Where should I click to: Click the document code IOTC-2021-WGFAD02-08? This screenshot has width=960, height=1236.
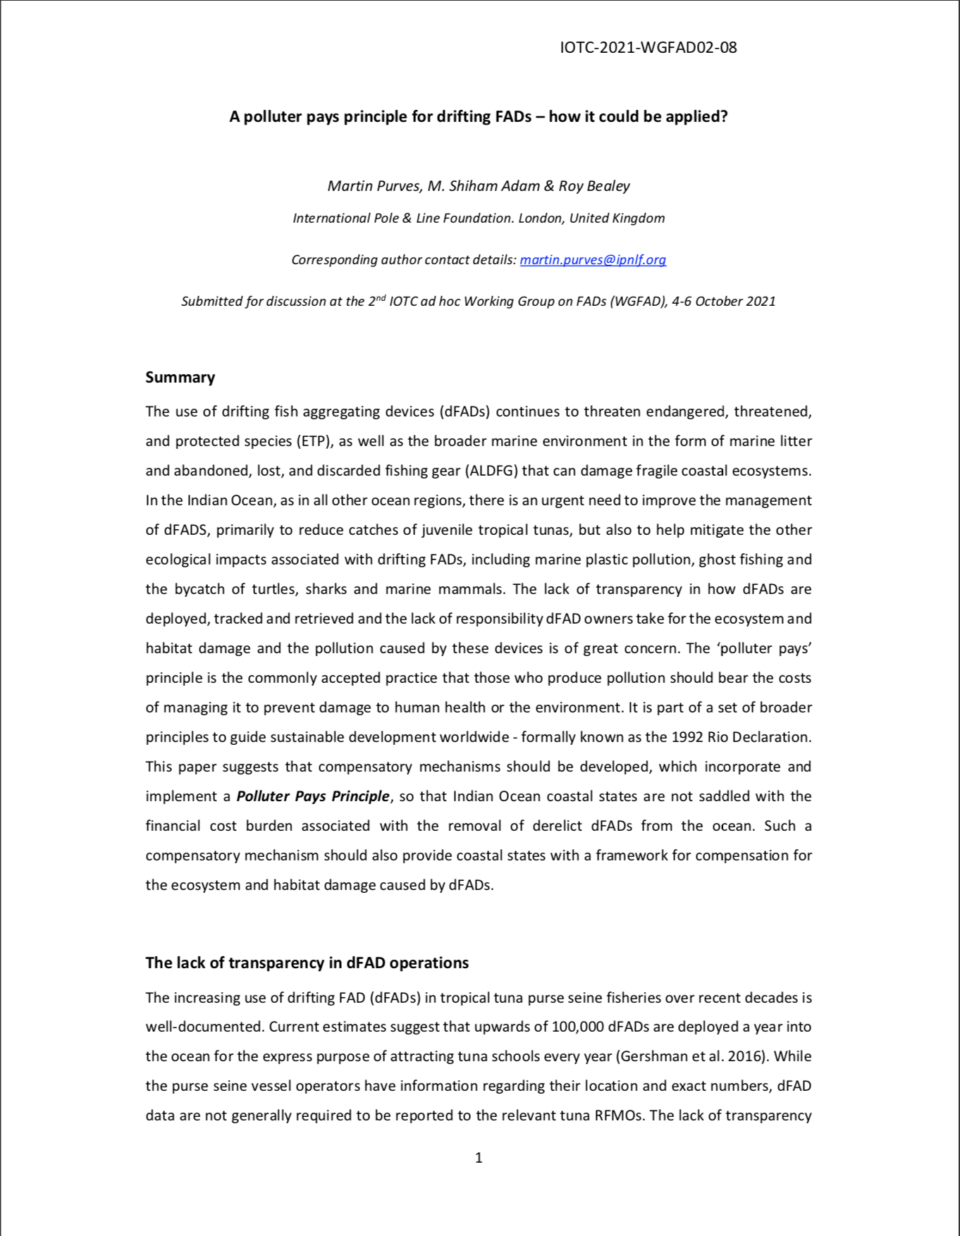pyautogui.click(x=648, y=48)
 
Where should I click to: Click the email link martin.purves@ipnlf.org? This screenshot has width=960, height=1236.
pyautogui.click(x=593, y=259)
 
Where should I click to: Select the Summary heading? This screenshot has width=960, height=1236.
pyautogui.click(x=180, y=378)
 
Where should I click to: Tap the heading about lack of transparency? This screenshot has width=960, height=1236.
pyautogui.click(x=307, y=963)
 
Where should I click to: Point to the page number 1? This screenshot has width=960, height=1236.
pyautogui.click(x=479, y=1157)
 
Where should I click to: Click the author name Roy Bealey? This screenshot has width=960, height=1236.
pyautogui.click(x=594, y=186)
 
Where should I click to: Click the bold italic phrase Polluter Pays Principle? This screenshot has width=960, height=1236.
pyautogui.click(x=312, y=796)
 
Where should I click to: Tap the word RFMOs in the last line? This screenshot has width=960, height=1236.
pyautogui.click(x=619, y=1116)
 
